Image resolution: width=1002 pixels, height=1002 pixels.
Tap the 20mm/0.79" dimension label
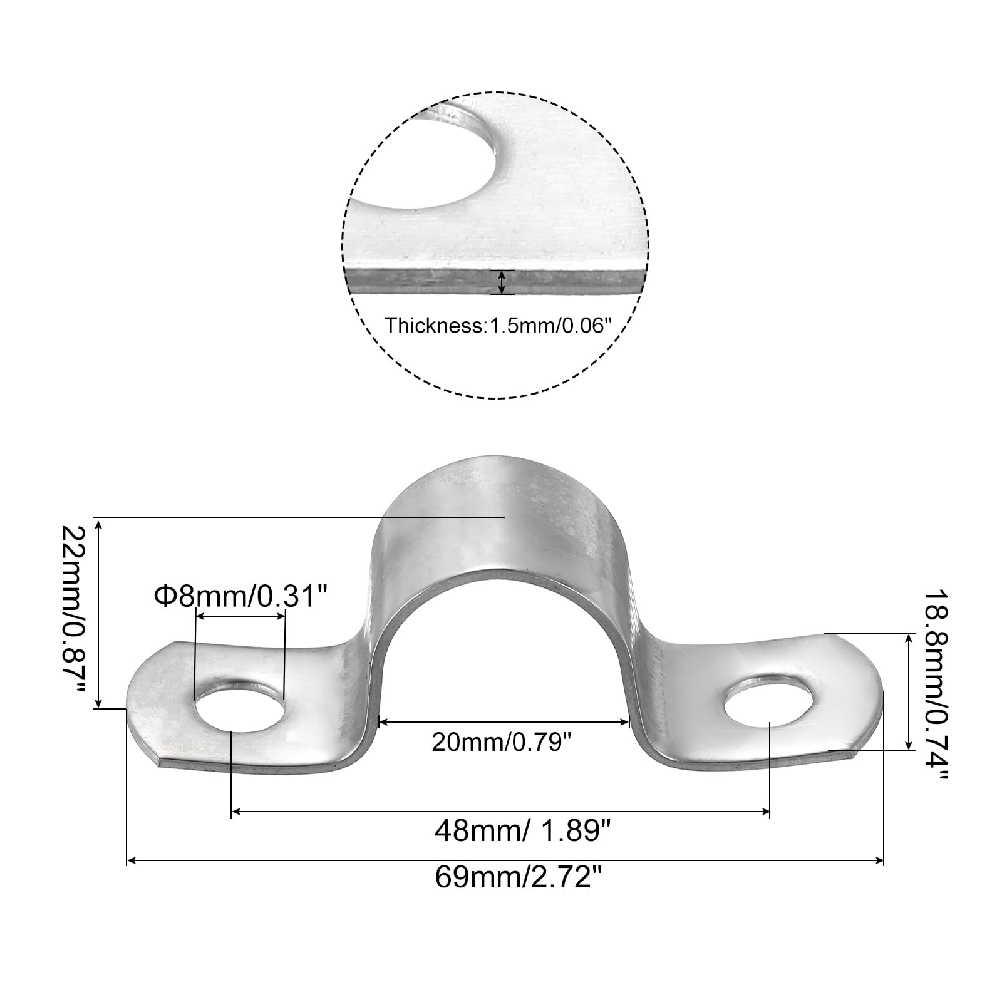502,743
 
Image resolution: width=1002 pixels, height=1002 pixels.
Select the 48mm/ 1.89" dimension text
522,832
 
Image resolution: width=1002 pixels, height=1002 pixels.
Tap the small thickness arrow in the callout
501,282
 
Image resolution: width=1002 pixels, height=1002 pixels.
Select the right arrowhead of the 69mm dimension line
879,862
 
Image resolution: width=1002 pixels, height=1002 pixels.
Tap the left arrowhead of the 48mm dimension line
237,812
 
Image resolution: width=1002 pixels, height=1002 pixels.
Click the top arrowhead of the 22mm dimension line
98,524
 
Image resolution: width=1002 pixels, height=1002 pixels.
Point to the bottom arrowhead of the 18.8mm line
909,743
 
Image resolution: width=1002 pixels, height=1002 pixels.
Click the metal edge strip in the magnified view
495,282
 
